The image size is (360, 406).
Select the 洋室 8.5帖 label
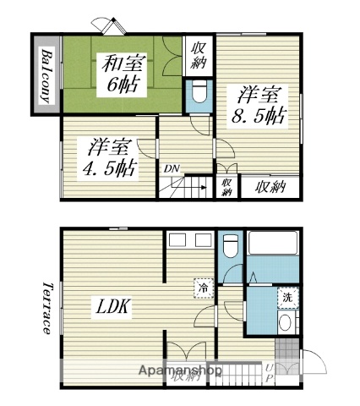259,105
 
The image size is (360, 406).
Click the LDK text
112,306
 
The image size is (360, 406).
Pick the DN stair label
172,168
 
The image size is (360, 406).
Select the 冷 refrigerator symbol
203,286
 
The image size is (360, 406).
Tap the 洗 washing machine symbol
287,297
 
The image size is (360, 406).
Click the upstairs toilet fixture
199,92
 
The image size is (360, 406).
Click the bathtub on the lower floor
272,246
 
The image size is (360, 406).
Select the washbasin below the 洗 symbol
287,323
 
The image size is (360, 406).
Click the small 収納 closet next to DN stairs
226,187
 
